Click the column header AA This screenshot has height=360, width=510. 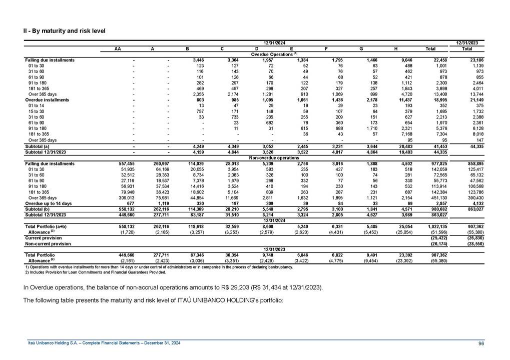118,49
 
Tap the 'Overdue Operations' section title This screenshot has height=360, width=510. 274,54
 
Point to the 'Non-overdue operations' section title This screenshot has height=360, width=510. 274,157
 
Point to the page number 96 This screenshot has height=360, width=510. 480,343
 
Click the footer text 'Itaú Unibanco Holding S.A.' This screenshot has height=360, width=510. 54,343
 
